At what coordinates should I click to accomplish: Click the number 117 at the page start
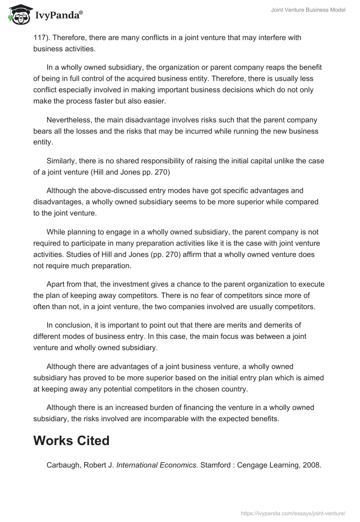tap(39, 38)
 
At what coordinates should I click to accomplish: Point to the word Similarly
tap(61, 161)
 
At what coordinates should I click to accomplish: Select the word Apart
tap(56, 284)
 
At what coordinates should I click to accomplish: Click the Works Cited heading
tap(72, 441)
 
